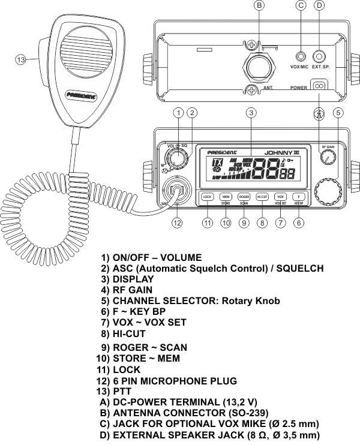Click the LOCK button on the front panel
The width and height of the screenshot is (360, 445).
coord(208,196)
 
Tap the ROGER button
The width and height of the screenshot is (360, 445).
coord(244,196)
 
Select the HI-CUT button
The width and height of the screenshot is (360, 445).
coord(262,196)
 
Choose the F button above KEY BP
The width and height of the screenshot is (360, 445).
coord(298,196)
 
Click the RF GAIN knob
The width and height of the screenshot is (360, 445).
coord(328,157)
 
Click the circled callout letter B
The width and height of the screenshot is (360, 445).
coord(259,5)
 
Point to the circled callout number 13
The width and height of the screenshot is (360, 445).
coord(20,60)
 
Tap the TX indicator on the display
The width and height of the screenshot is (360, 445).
coord(202,163)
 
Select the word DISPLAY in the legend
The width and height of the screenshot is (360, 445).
coord(133,279)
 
